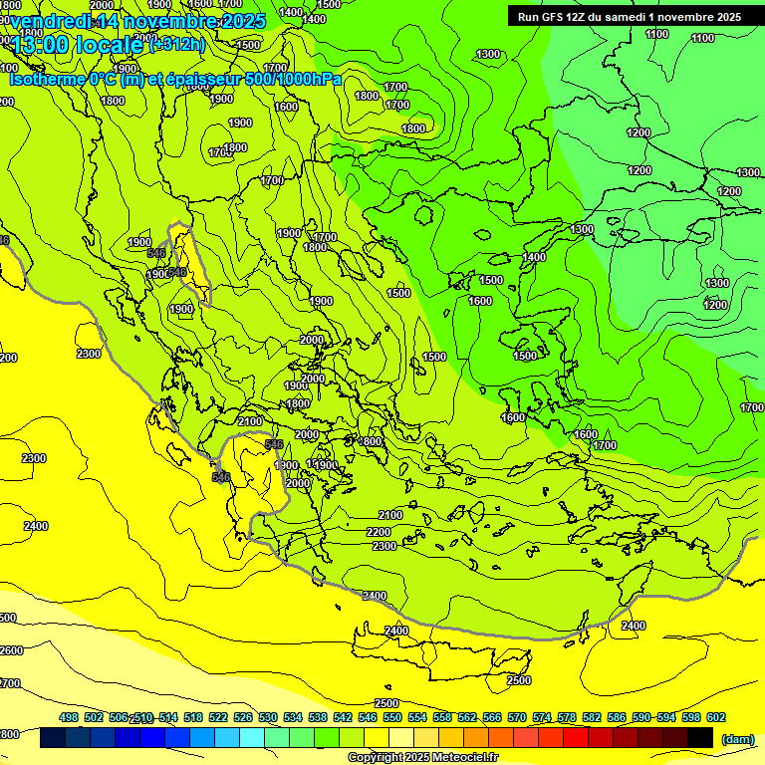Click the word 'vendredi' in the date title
click(x=52, y=21)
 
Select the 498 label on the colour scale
click(x=69, y=717)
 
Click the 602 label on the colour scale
click(x=715, y=717)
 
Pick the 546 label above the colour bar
click(x=368, y=717)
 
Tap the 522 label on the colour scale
click(x=218, y=717)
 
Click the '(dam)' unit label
click(x=736, y=739)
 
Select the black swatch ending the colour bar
click(x=700, y=738)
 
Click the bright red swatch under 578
click(x=576, y=738)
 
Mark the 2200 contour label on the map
click(x=379, y=532)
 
